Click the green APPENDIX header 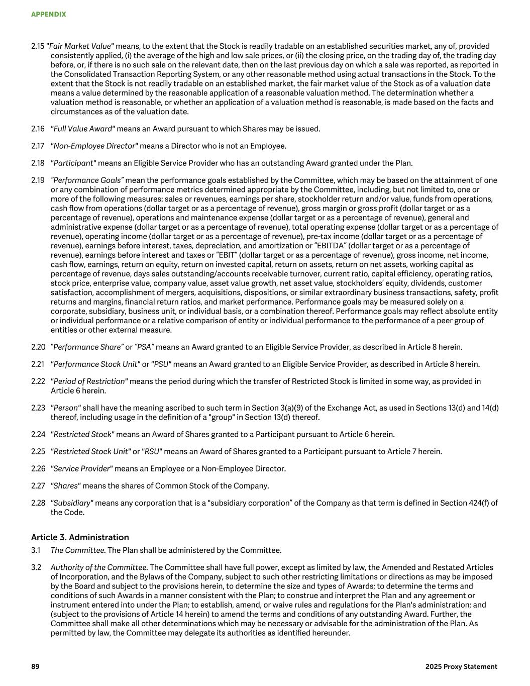(48, 15)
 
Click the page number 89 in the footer (35, 666)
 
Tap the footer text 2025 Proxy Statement (461, 666)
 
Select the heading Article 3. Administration (80, 537)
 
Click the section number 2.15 (38, 46)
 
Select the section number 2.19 (38, 180)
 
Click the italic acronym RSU (152, 451)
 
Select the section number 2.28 (38, 503)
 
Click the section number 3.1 (36, 550)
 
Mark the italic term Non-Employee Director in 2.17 (94, 146)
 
